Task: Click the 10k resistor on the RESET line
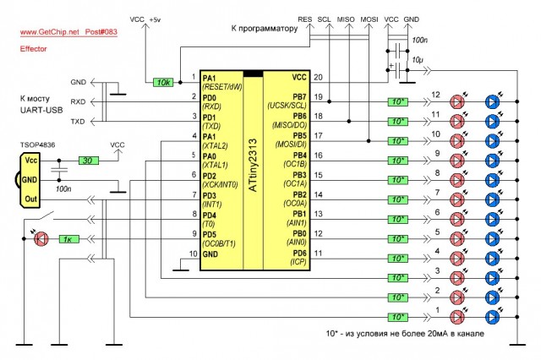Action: pyautogui.click(x=163, y=82)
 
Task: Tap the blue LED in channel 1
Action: pyautogui.click(x=493, y=316)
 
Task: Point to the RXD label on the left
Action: pyautogui.click(x=78, y=101)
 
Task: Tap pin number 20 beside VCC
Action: pyautogui.click(x=318, y=77)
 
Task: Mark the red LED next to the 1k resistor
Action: pyautogui.click(x=41, y=239)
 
